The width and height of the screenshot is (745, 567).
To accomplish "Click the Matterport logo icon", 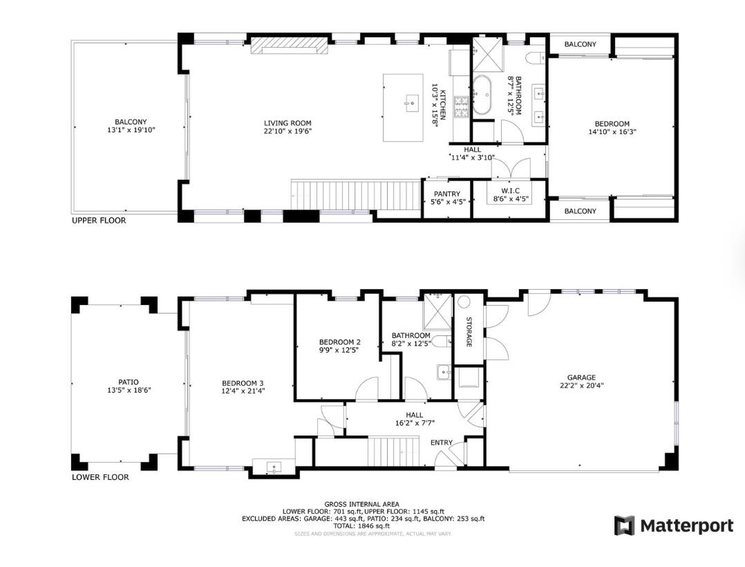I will pyautogui.click(x=624, y=526).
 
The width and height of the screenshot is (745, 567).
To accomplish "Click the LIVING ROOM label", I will pyautogui.click(x=287, y=124).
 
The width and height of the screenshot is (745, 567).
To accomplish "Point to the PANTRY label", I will pyautogui.click(x=447, y=194).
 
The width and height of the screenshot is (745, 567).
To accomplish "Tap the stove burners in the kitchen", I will pyautogui.click(x=461, y=105).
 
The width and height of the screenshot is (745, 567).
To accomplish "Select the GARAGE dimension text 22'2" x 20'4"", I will pyautogui.click(x=581, y=387).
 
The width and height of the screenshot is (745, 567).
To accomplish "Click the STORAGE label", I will pyautogui.click(x=469, y=331).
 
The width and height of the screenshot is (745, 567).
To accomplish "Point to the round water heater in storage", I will pyautogui.click(x=464, y=302).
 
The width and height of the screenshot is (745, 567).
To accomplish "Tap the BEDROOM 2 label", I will pyautogui.click(x=339, y=342).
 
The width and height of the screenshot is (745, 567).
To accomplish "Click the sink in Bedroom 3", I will pyautogui.click(x=274, y=468).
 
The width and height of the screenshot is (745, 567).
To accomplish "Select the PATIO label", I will pyautogui.click(x=129, y=382).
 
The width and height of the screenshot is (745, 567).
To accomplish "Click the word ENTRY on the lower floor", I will pyautogui.click(x=442, y=443).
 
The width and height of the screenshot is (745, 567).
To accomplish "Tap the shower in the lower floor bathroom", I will pyautogui.click(x=436, y=306).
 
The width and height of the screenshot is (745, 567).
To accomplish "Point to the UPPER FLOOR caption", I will pyautogui.click(x=99, y=221).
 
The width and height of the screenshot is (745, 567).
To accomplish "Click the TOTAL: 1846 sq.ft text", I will pyautogui.click(x=363, y=526).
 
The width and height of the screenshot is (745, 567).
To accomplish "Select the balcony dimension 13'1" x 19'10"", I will pyautogui.click(x=126, y=129).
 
